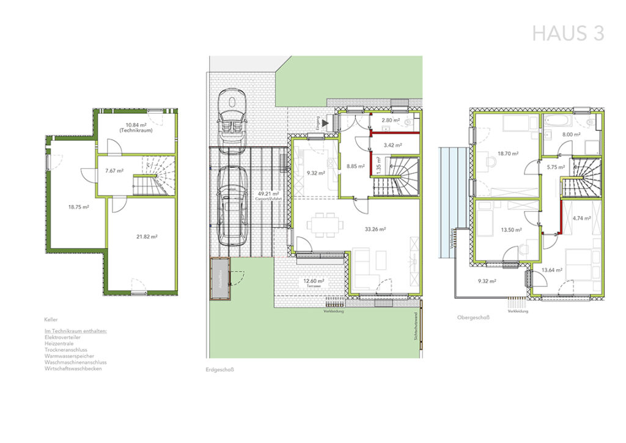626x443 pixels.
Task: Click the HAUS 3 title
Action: pos(568,34)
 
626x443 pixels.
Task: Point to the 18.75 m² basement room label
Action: pos(79,207)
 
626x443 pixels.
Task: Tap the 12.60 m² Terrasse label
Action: pos(313,283)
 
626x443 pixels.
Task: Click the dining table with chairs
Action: pos(322,225)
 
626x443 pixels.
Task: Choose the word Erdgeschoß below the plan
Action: pos(221,370)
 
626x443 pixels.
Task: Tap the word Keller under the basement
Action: pos(51,319)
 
